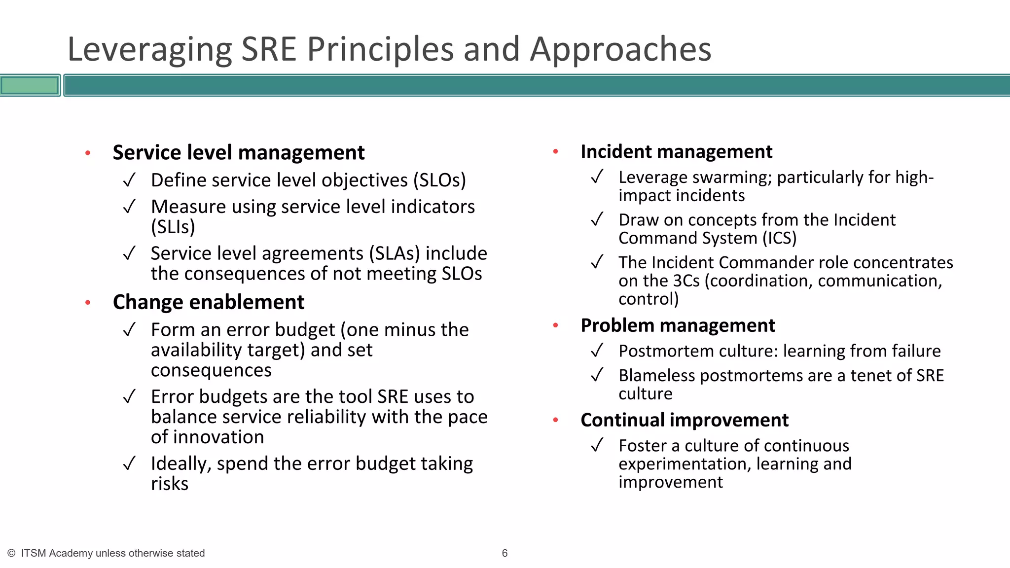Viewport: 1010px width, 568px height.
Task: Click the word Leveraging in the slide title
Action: tap(149, 50)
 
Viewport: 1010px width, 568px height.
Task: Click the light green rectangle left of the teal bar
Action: tap(30, 85)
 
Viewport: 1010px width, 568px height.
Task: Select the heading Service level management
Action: tap(239, 152)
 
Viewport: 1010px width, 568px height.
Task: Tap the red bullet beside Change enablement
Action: tap(88, 302)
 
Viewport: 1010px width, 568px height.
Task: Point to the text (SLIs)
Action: tap(173, 227)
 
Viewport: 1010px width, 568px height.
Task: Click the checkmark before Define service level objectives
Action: tap(129, 180)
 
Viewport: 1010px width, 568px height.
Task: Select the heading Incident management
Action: tap(676, 152)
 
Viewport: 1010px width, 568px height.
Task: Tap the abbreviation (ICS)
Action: tap(779, 239)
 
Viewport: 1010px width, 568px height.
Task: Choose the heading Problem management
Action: tap(678, 325)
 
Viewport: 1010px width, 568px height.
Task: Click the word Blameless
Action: tap(656, 376)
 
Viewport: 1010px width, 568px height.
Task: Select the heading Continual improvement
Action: tap(685, 420)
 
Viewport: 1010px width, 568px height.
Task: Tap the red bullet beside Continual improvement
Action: tap(556, 420)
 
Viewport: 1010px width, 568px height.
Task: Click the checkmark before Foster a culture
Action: tap(597, 446)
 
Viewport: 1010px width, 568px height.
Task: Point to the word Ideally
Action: tap(180, 464)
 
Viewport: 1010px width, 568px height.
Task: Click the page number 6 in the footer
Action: tap(505, 553)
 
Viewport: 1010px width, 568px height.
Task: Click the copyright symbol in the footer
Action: tap(11, 553)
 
